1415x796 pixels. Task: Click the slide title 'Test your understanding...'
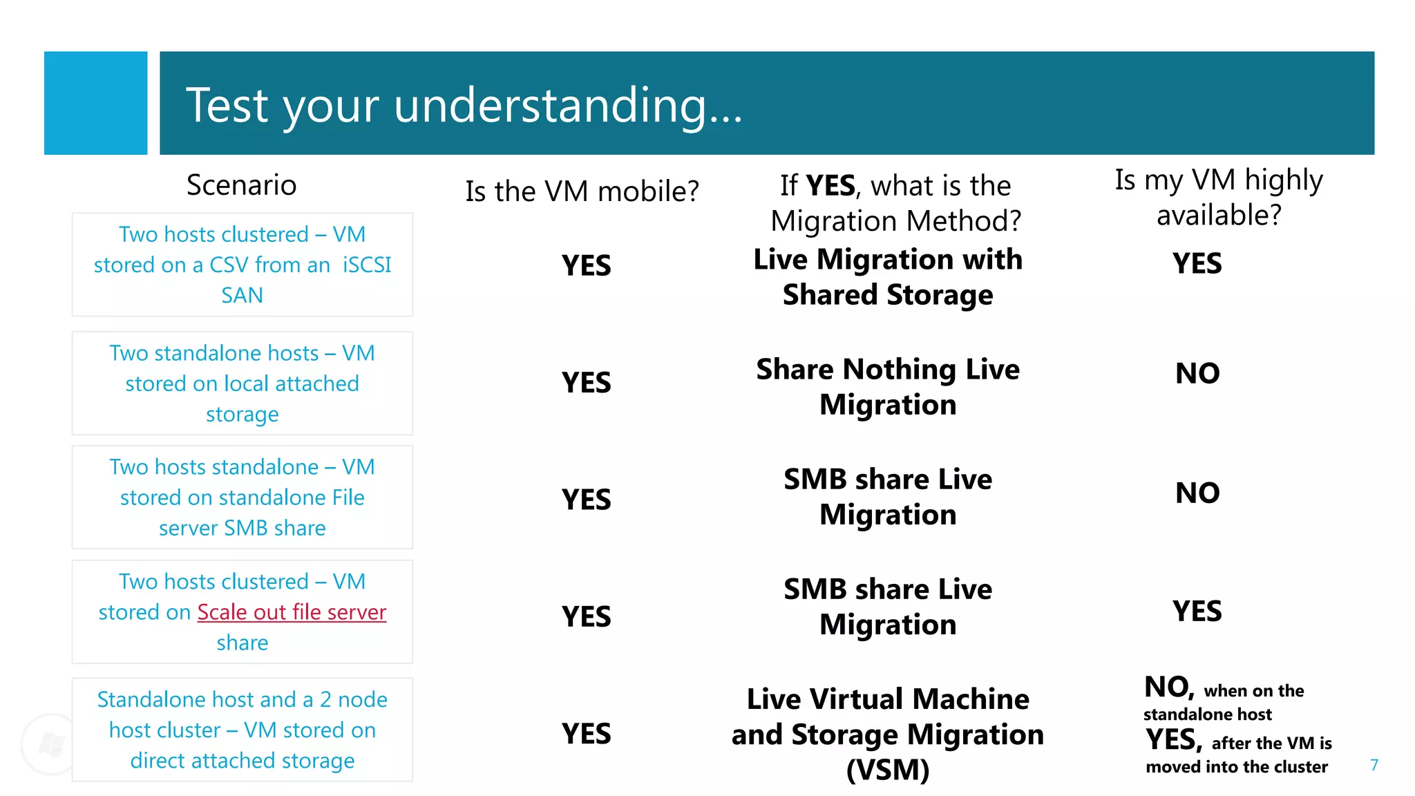tap(464, 106)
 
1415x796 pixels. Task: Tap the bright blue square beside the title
tap(95, 103)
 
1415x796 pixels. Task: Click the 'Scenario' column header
tap(241, 185)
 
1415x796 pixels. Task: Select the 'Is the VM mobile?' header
tap(582, 191)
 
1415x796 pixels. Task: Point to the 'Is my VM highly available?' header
tap(1219, 197)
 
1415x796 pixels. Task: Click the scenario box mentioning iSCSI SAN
tap(242, 265)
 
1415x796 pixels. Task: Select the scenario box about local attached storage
tap(242, 383)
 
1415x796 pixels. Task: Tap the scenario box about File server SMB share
tap(242, 497)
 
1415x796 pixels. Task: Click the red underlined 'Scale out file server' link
tap(291, 612)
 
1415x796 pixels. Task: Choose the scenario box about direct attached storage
tap(242, 730)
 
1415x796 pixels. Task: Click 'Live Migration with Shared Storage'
tap(888, 277)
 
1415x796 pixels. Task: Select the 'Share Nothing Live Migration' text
tap(888, 387)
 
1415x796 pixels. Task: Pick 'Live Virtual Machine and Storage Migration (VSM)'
tap(888, 734)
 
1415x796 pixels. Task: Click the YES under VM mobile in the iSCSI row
tap(586, 266)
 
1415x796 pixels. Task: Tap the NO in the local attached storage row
tap(1197, 374)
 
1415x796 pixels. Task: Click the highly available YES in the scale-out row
tap(1197, 612)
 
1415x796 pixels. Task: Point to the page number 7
tap(1374, 765)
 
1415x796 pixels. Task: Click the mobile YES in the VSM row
tap(586, 734)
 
